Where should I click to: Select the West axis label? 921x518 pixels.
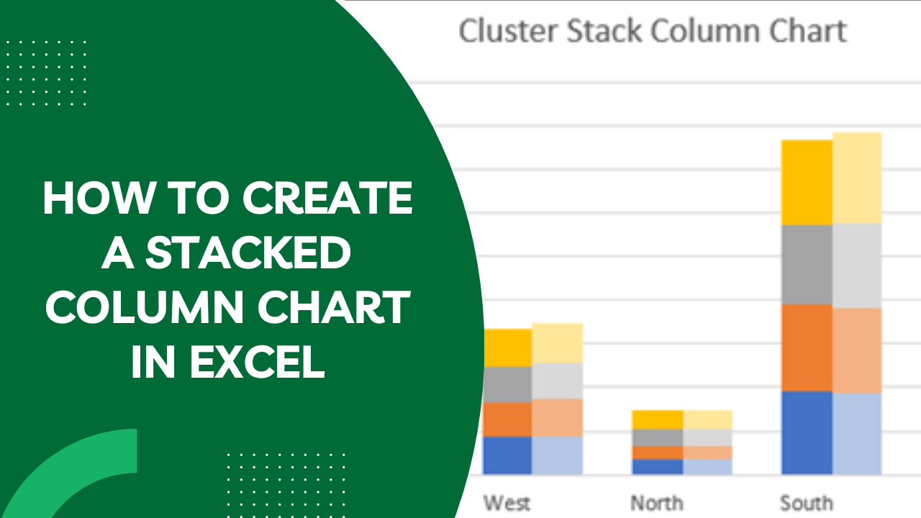507,503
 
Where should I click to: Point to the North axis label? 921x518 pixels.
657,503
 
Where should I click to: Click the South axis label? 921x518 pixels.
807,503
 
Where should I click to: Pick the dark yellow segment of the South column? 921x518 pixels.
807,183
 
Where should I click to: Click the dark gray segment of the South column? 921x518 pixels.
807,265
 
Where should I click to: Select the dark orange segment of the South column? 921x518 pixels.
807,348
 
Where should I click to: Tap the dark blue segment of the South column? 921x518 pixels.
807,433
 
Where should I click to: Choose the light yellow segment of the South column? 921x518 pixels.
857,178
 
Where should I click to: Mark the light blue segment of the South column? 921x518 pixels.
857,434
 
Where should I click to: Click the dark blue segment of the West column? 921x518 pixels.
507,455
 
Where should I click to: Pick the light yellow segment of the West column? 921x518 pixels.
557,343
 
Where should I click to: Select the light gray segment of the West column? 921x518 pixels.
557,381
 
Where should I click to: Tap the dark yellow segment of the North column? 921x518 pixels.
658,420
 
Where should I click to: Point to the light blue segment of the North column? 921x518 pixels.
707,467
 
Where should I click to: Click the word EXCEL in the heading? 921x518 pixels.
257,362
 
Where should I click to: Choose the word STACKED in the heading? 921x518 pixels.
248,252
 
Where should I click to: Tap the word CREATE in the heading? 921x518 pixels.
327,198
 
